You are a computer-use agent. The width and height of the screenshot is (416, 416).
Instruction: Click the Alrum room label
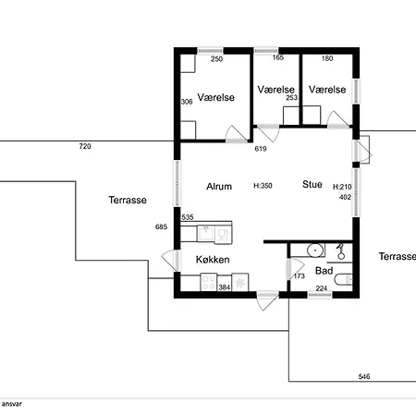[219, 187]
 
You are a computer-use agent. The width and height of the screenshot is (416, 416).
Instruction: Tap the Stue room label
[312, 184]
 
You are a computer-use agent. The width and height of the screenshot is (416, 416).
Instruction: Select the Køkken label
[213, 260]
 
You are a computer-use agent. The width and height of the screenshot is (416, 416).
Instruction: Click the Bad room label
[324, 271]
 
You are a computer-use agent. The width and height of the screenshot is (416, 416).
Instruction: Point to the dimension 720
[85, 146]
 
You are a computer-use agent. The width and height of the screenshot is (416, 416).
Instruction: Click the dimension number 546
[364, 376]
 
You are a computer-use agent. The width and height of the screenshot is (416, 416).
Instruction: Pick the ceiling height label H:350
[263, 186]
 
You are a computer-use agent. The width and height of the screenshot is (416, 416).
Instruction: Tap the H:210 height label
[342, 187]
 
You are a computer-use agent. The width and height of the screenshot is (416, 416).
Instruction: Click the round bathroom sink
[315, 250]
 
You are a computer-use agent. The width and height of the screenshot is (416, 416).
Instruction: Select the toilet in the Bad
[343, 280]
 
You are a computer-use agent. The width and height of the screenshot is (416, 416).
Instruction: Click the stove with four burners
[209, 282]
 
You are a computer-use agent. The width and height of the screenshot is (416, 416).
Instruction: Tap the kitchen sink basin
[206, 234]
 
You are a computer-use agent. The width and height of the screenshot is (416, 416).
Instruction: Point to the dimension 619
[261, 149]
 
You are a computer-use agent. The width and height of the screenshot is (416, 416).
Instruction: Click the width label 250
[216, 59]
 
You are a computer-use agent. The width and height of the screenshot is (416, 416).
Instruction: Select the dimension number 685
[161, 226]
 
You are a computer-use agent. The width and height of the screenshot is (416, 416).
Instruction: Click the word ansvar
[12, 404]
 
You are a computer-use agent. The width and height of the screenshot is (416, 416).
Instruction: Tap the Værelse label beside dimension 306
[216, 97]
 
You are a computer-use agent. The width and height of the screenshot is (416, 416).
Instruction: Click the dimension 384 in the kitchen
[225, 288]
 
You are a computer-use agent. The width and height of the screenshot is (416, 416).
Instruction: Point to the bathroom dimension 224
[322, 288]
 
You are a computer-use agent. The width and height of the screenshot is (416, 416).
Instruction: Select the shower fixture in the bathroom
[340, 251]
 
